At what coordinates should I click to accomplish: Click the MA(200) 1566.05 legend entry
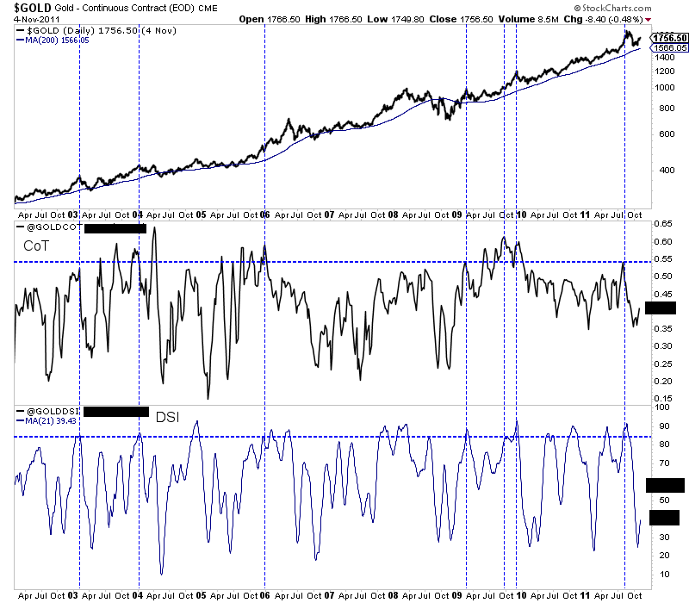(49, 39)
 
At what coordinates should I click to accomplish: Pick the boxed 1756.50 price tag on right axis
(669, 38)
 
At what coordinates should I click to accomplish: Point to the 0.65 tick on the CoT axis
(663, 224)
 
